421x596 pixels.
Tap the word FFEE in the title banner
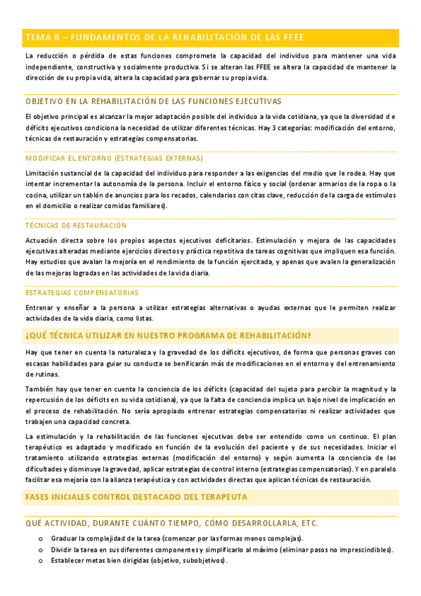tap(292, 37)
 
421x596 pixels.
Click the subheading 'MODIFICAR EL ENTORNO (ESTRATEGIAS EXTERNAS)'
tap(114, 158)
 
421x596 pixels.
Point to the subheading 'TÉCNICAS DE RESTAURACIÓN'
tap(76, 225)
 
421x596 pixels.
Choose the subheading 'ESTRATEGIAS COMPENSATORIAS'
tap(82, 292)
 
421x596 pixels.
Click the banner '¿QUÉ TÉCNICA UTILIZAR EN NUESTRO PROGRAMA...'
tap(168, 335)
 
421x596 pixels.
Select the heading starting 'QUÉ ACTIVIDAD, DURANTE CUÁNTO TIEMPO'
tap(171, 523)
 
